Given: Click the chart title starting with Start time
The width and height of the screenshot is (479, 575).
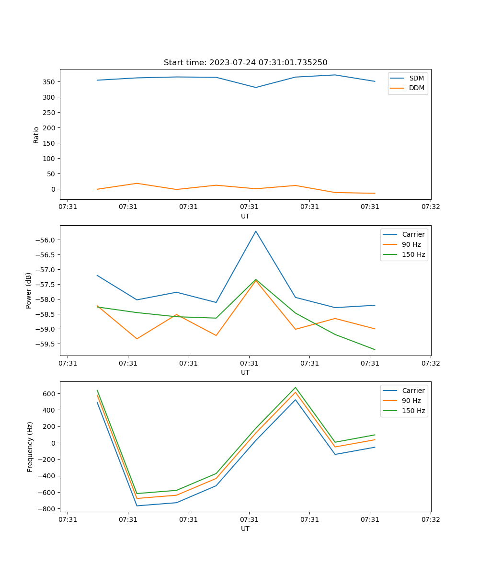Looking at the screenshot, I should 245,63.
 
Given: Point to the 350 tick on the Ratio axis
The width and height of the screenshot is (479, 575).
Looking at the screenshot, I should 49,82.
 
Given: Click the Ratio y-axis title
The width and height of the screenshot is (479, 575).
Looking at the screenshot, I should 36,135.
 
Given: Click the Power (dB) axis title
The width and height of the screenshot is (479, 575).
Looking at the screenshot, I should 29,290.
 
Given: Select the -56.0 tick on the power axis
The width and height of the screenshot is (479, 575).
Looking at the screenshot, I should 46,240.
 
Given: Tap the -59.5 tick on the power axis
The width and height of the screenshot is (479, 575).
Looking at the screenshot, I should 46,344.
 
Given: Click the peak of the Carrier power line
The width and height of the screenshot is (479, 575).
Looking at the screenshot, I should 256,231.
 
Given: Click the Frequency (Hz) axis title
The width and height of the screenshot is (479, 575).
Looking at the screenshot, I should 30,447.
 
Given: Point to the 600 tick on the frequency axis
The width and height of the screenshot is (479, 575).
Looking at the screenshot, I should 49,394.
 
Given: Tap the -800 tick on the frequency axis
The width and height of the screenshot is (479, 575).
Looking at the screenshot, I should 47,509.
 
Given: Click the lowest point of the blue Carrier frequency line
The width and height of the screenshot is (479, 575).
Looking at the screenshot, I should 137,506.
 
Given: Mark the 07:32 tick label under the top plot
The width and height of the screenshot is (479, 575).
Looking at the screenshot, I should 430,207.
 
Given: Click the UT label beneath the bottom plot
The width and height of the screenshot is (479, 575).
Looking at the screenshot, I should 245,529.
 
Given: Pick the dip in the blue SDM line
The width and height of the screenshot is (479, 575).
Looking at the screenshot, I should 256,87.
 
